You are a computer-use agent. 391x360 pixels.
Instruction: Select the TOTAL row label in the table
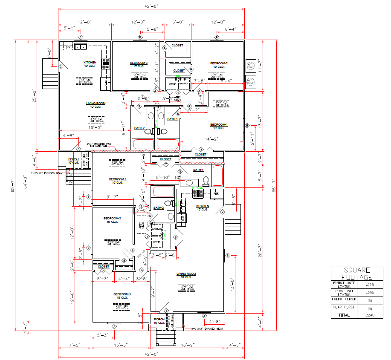coord(344,315)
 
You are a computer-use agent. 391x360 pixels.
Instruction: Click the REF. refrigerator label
coord(216,193)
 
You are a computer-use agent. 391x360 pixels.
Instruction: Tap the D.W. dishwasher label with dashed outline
coord(68,47)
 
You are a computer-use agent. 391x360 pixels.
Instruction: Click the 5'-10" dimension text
coord(163,177)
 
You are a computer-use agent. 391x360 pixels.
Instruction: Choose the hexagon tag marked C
coord(80,37)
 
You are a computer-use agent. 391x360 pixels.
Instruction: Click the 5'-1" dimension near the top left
coord(69,28)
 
